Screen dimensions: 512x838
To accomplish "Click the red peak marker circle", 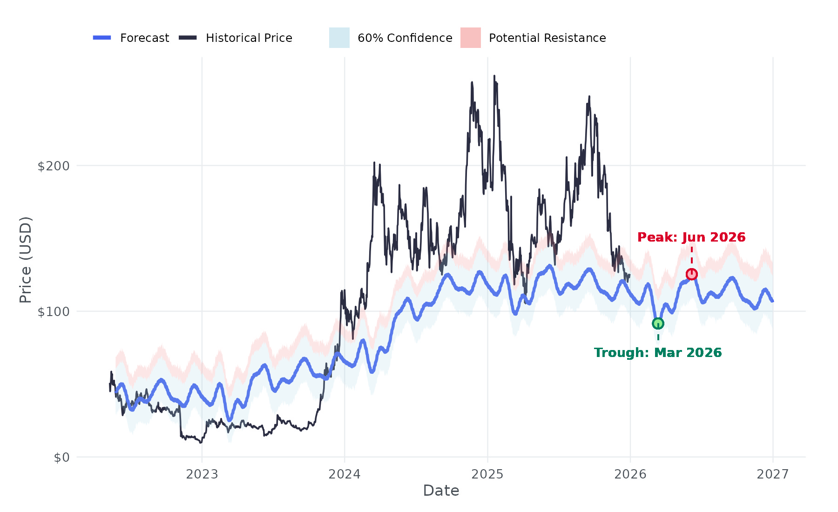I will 692,274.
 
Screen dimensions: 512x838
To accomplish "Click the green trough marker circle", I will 658,323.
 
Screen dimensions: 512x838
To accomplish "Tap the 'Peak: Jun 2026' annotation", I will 691,237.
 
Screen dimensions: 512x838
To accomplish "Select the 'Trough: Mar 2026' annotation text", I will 658,353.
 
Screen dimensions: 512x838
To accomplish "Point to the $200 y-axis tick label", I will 53,166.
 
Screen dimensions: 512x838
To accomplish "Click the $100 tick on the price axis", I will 53,312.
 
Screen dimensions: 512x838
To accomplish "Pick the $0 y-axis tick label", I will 61,458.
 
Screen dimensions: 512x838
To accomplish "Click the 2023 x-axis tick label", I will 202,474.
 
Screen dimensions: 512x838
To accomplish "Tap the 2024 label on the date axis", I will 345,474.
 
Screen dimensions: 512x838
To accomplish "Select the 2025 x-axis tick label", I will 487,474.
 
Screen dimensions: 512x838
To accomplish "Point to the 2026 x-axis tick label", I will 630,474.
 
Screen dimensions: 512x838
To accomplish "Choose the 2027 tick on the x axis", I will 773,474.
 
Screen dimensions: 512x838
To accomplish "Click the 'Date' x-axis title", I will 441,491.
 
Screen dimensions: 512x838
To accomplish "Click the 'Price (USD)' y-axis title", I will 26,260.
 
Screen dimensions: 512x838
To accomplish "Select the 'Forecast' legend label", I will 144,38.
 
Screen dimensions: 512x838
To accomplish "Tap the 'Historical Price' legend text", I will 249,38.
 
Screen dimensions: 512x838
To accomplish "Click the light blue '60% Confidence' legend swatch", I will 339,38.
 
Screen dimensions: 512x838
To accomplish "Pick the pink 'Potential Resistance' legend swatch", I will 471,38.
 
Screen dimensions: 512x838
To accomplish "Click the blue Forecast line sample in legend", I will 102,38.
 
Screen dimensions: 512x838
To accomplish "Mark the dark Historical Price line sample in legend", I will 188,38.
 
